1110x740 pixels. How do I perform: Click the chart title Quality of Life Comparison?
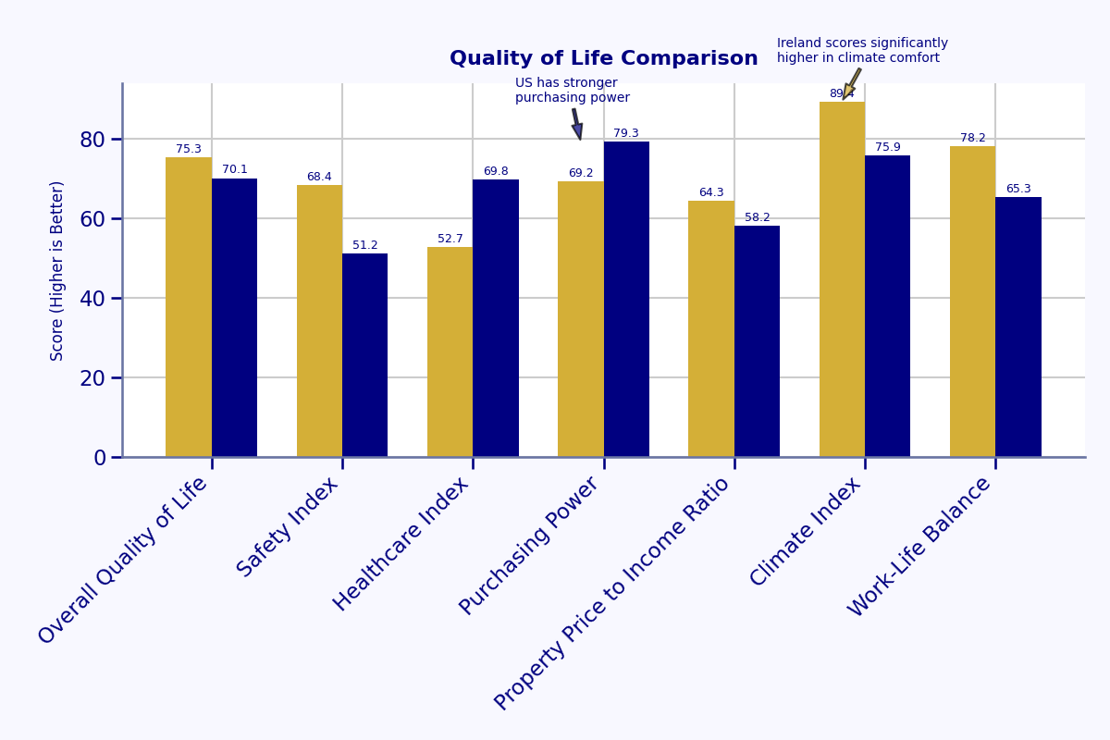coord(603,59)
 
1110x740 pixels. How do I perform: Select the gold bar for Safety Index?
coord(319,321)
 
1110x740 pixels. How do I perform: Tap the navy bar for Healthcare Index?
coord(496,318)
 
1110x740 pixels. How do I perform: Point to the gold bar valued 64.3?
coord(711,328)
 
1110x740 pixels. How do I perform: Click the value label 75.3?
coord(189,149)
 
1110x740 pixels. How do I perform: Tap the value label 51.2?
coord(365,245)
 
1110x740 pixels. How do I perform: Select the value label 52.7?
coord(450,239)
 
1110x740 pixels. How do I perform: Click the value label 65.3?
coord(1018,189)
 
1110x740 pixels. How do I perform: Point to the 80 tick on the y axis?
coord(92,140)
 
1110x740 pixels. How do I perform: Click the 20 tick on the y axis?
coord(92,378)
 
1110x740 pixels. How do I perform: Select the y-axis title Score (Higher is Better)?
coord(57,270)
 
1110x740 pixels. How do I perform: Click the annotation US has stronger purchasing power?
coord(573,91)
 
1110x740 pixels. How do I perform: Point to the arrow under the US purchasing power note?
coord(577,124)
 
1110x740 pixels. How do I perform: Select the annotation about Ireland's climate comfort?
coord(862,51)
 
